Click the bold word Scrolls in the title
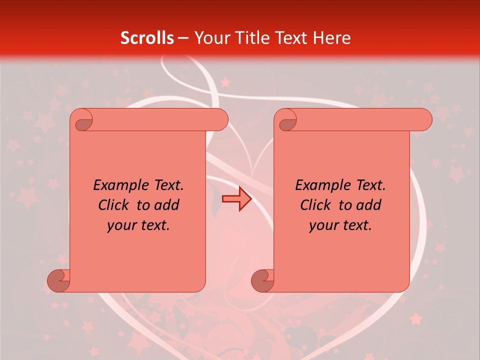coord(147,37)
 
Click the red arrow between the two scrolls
coord(236,199)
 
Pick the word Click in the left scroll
coord(115,205)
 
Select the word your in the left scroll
coord(121,225)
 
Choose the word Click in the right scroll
coord(315,205)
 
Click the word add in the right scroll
coord(370,205)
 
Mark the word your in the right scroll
coord(323,225)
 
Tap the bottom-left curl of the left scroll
coord(58,281)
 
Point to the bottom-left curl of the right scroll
coord(262,281)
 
